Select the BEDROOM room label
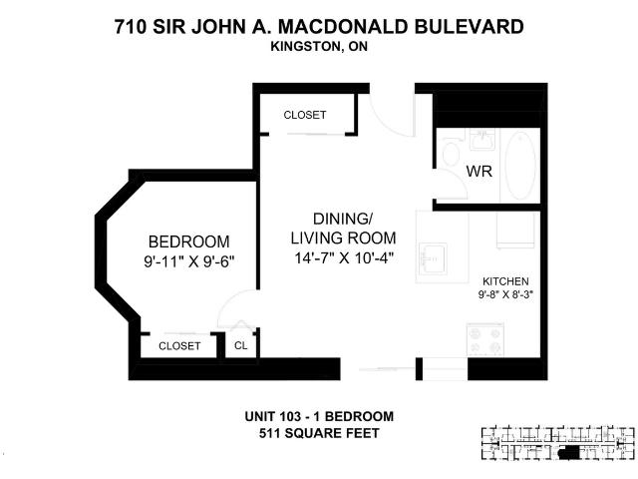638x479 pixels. (x=188, y=241)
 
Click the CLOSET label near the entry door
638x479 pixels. (x=304, y=115)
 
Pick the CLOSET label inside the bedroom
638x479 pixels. (x=179, y=346)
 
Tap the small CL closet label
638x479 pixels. (x=240, y=346)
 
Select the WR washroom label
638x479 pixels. (x=479, y=172)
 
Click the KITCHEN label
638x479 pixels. (x=505, y=281)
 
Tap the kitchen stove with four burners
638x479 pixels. (x=489, y=344)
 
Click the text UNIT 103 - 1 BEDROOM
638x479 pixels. (x=319, y=416)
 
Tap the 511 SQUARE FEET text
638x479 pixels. (x=319, y=433)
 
